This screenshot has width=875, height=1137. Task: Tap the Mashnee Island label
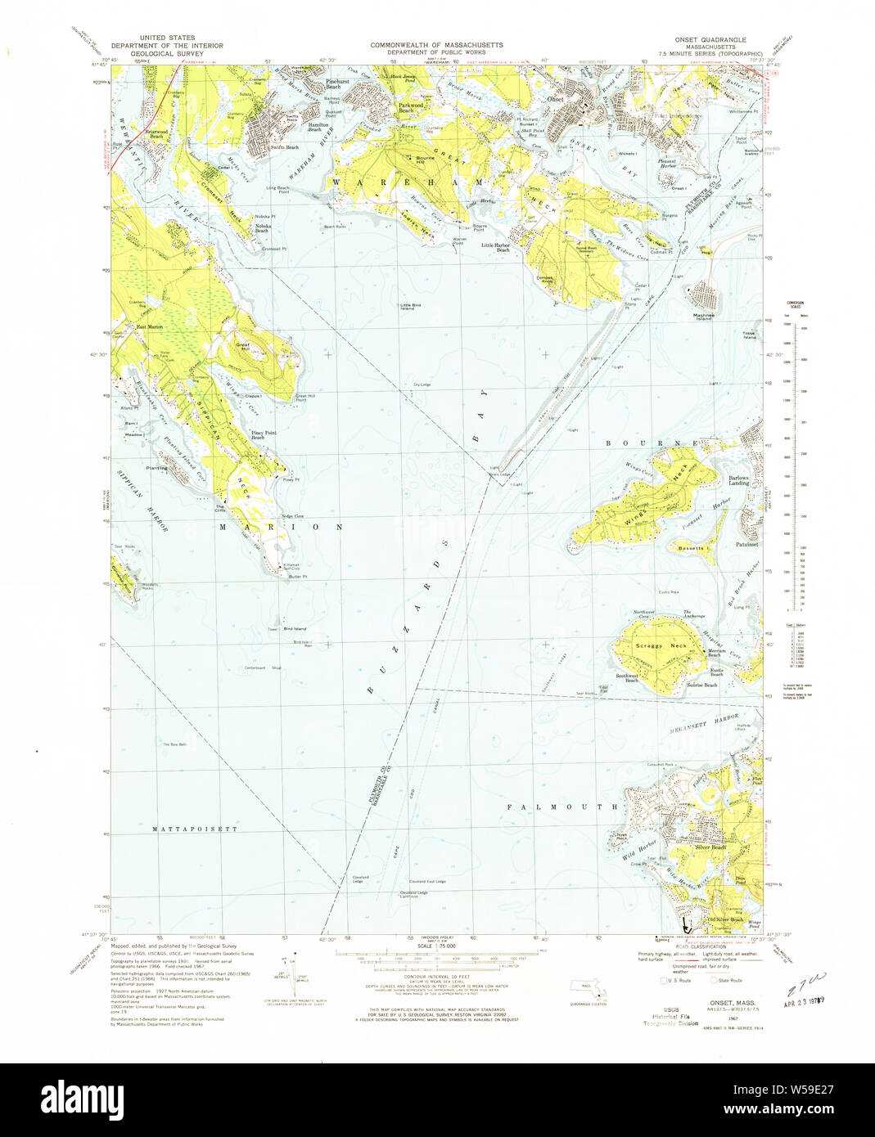click(704, 317)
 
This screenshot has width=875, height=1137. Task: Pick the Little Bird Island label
click(411, 307)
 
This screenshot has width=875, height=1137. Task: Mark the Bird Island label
click(295, 628)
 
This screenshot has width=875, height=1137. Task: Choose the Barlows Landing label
click(739, 481)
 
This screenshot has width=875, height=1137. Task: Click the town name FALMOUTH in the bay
click(562, 807)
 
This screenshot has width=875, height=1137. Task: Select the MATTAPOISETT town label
click(195, 829)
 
